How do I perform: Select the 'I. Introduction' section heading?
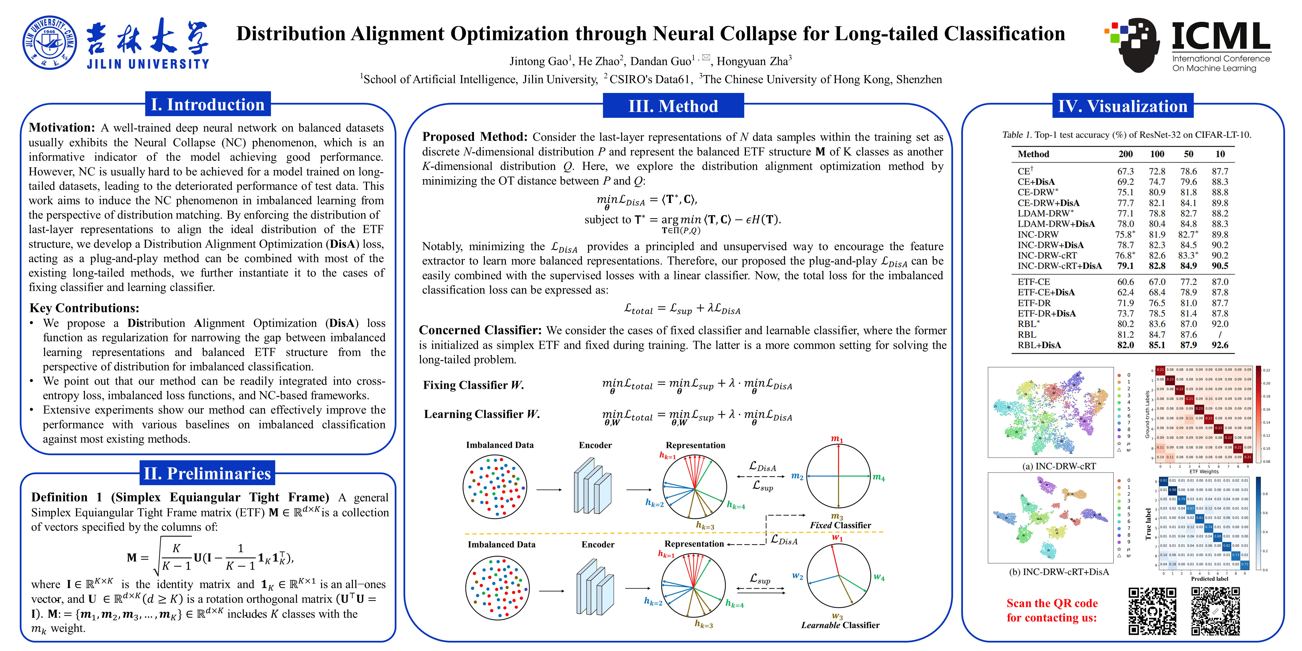(208, 105)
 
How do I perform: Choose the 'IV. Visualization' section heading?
(1123, 106)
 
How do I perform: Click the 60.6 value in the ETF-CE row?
(1125, 281)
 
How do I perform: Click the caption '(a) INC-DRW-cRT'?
(1059, 466)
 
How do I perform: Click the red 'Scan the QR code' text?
(1052, 603)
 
